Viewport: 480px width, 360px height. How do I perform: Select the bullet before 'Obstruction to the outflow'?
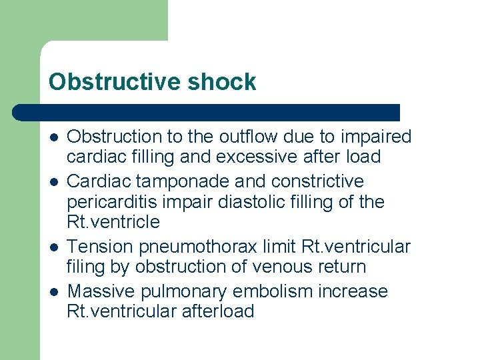(x=53, y=137)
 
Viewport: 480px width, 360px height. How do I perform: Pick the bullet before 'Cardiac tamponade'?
(x=53, y=181)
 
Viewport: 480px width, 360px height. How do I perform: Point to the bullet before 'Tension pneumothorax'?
(x=53, y=247)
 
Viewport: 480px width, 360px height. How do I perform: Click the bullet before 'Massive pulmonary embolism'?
(x=53, y=291)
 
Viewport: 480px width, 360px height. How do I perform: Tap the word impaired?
(x=377, y=137)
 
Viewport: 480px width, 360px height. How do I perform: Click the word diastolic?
(x=265, y=201)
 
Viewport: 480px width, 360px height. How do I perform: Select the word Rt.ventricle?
(x=113, y=221)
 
